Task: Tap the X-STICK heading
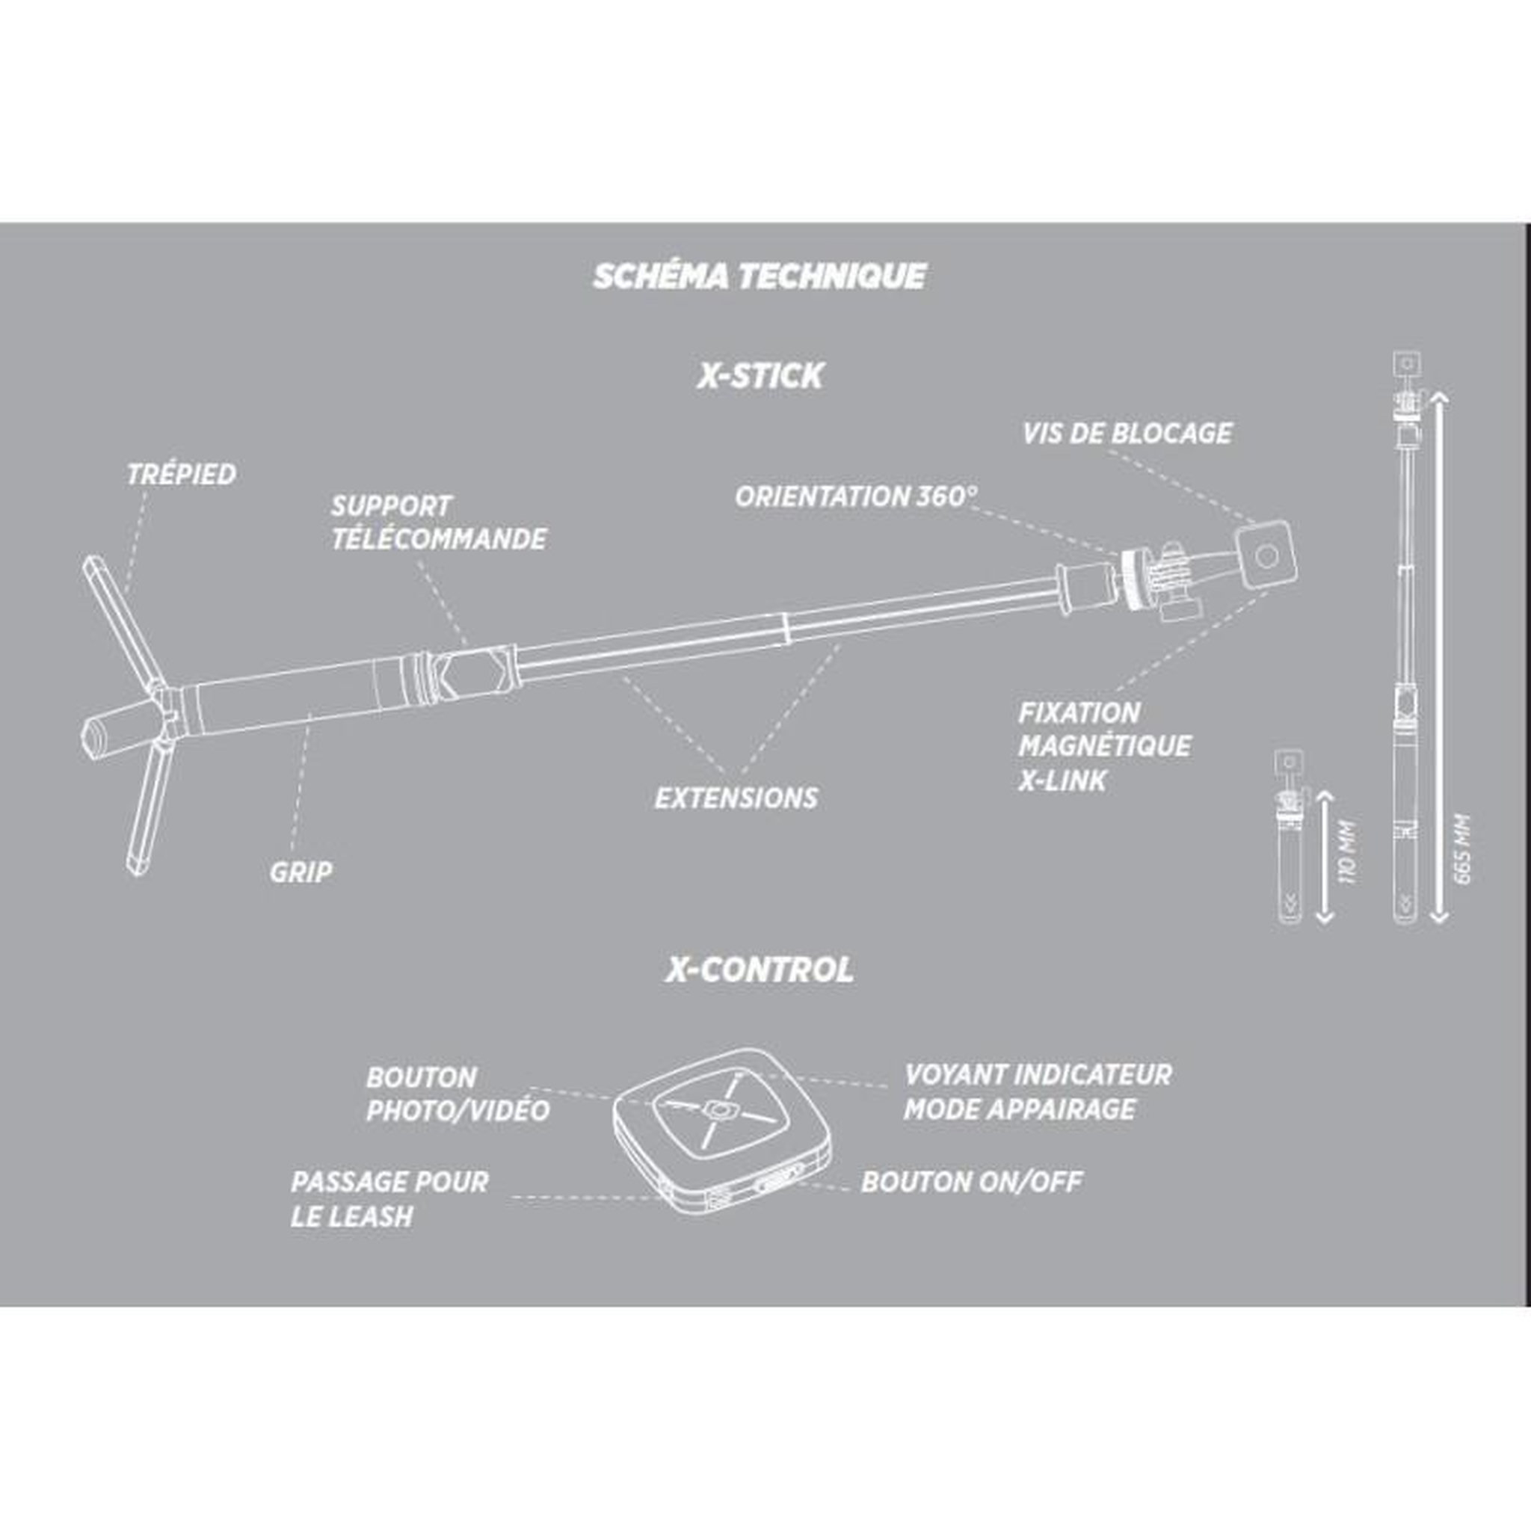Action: (760, 375)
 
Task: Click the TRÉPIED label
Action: (182, 474)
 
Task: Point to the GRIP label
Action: (301, 872)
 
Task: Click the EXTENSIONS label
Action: (736, 798)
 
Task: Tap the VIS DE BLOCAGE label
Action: (1127, 433)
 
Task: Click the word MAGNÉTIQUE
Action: (1105, 745)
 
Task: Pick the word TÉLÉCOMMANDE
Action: (439, 539)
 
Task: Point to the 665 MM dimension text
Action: (1463, 848)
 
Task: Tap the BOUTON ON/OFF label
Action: (972, 1183)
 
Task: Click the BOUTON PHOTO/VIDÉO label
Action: (458, 1094)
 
